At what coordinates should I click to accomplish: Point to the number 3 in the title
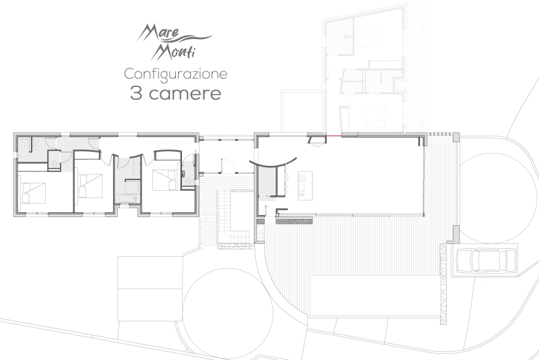point(135,93)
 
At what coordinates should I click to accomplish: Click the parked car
point(486,260)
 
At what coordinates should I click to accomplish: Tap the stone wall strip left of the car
point(443,283)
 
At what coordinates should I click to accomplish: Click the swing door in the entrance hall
point(227,164)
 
